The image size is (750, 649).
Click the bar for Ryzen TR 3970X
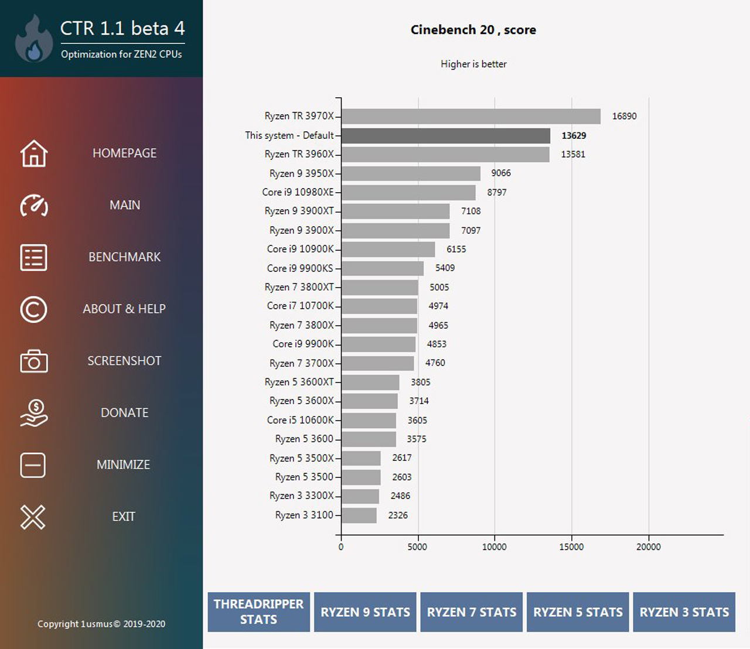(x=471, y=116)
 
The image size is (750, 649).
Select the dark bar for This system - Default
(x=446, y=135)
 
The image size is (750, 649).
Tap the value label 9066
(x=501, y=173)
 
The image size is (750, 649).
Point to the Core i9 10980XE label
(x=298, y=192)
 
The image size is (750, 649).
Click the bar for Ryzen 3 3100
(x=359, y=515)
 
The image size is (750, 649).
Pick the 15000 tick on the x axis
(x=571, y=546)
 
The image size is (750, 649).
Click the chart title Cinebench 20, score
(x=473, y=30)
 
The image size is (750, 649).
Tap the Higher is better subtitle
(x=473, y=64)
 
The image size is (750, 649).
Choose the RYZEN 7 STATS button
(x=471, y=612)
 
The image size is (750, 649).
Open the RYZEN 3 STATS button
(x=684, y=612)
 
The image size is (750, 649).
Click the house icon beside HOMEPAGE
(x=33, y=153)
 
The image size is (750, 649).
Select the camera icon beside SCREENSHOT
(x=33, y=361)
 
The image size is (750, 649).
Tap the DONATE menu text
(x=124, y=413)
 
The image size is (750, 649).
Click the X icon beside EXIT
(x=33, y=517)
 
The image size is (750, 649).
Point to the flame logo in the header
(x=34, y=40)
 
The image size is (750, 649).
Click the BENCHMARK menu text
(x=124, y=257)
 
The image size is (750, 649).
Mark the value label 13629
(x=574, y=135)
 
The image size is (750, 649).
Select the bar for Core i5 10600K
(x=369, y=420)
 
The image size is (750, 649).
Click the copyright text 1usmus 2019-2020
(x=101, y=624)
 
